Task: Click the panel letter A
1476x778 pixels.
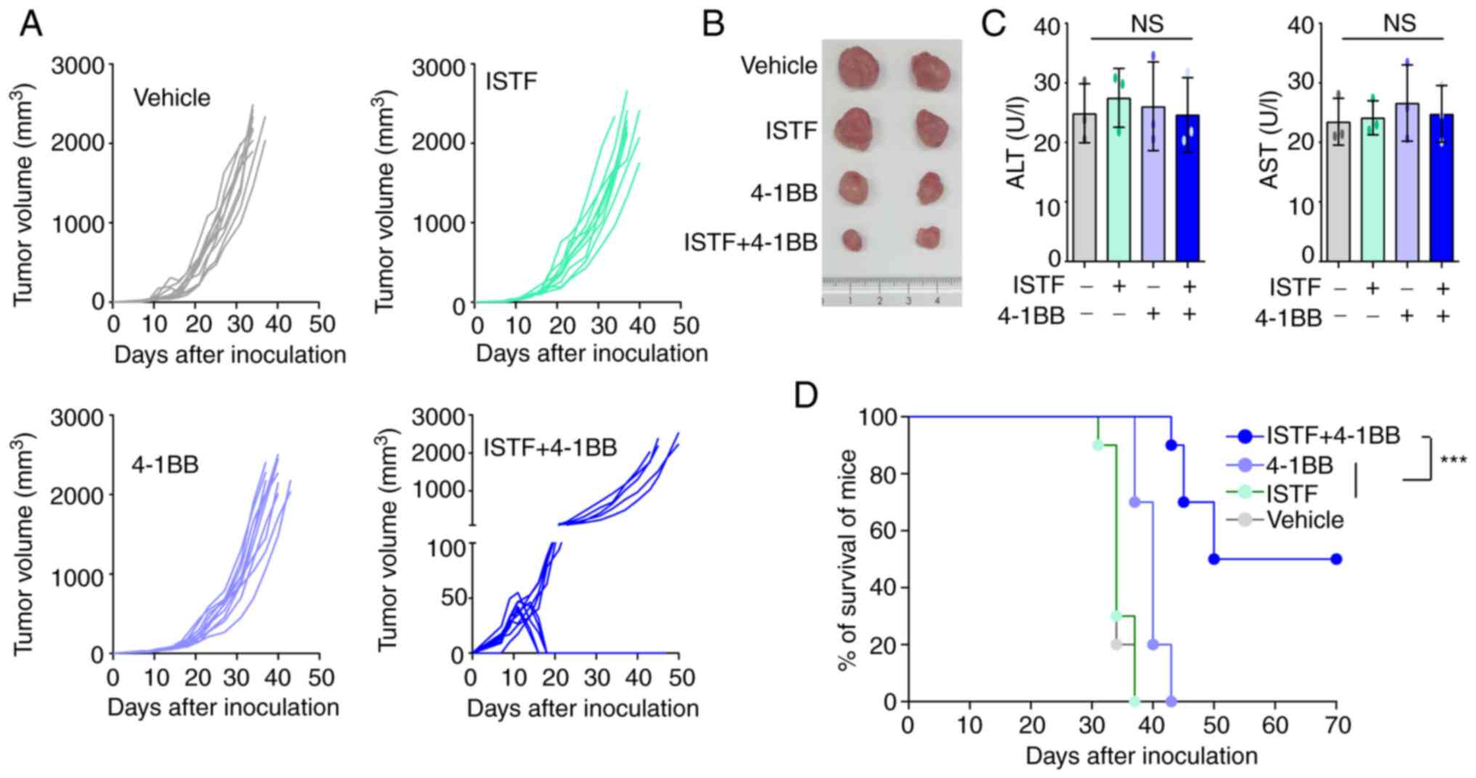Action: pos(31,25)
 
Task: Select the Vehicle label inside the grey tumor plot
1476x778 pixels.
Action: pos(171,97)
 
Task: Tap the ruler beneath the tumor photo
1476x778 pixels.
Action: pos(891,293)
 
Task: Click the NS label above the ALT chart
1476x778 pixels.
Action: pos(1146,24)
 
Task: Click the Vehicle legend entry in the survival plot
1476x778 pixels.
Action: pos(1305,520)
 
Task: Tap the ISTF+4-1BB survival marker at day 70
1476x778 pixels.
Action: pos(1336,559)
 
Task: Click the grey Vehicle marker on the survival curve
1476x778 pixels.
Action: pos(1116,644)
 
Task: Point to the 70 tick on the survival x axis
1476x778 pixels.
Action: pos(1337,725)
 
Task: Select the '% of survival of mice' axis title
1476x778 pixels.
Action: pos(847,559)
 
